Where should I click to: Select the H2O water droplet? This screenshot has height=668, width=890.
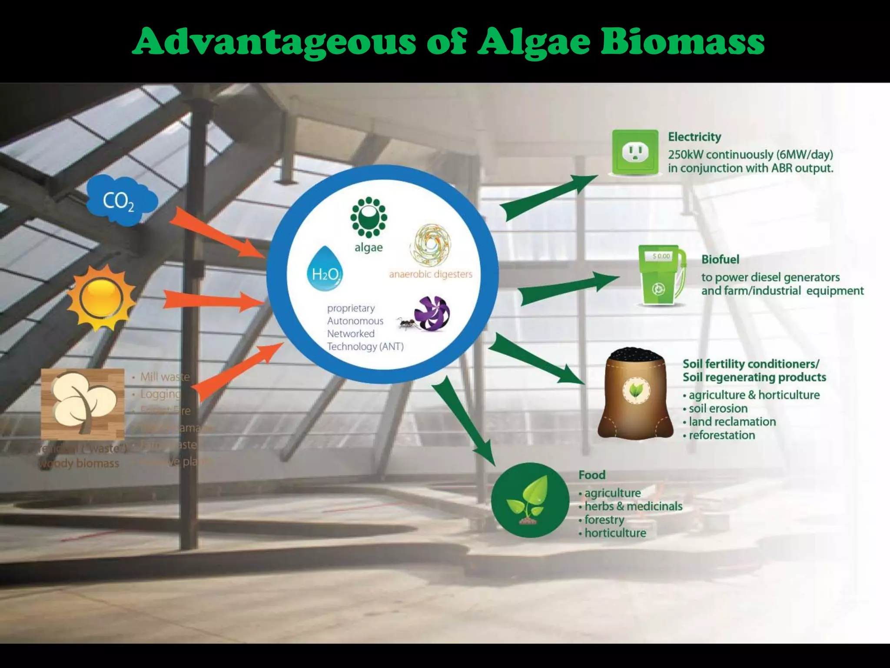click(325, 270)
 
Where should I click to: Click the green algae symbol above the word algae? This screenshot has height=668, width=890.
click(369, 217)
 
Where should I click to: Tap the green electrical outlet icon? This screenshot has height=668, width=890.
click(635, 152)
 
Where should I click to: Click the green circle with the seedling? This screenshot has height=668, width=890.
click(530, 500)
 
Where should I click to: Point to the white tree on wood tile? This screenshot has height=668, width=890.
click(83, 403)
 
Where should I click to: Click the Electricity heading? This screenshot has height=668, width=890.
click(694, 137)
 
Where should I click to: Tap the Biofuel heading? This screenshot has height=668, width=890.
click(720, 260)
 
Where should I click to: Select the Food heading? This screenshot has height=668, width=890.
click(592, 475)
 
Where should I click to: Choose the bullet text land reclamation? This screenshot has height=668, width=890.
click(732, 422)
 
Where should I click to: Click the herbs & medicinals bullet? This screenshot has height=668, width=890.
click(633, 506)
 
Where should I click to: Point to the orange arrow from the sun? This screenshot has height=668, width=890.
click(213, 301)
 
